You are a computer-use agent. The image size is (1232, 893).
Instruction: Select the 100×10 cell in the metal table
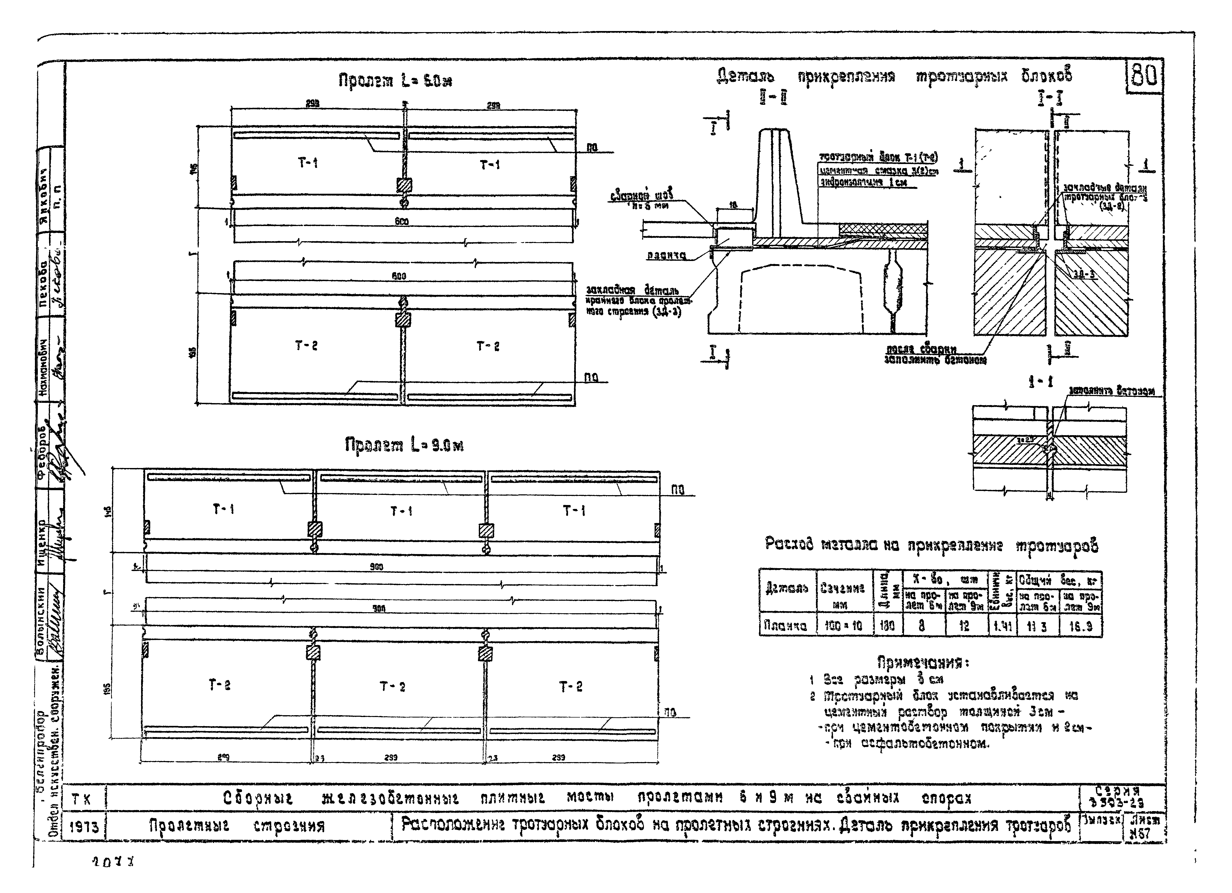[x=844, y=626]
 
